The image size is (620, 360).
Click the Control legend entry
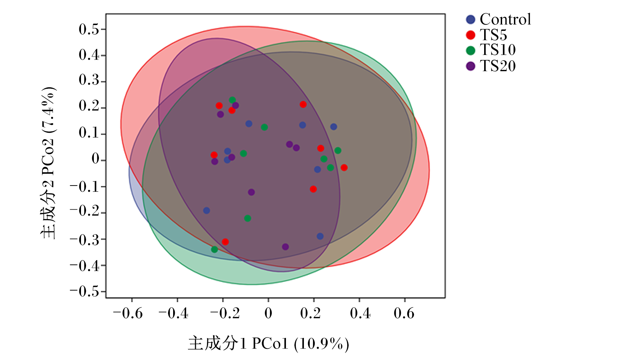498,19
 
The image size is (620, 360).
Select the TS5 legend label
494,35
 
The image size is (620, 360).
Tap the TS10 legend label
498,50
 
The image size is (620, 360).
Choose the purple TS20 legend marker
471,66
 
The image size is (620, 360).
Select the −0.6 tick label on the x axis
128,313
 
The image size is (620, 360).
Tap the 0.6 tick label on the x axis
404,313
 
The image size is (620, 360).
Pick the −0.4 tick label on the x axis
173,313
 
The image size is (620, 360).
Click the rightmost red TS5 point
344,168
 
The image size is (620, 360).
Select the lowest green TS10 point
214,250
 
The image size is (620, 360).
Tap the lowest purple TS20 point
285,247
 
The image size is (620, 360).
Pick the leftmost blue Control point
206,211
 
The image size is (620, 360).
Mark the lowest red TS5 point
225,242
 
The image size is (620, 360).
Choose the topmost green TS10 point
232,100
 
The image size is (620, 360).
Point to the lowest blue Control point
320,236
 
